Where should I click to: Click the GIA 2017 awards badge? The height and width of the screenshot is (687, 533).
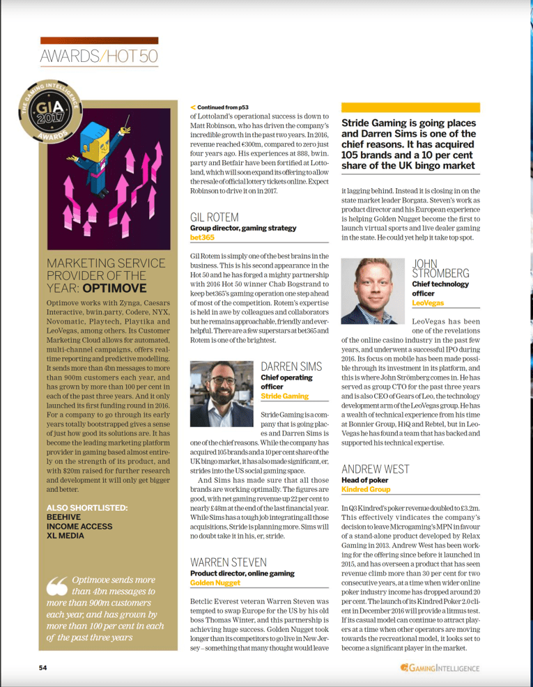[x=48, y=112]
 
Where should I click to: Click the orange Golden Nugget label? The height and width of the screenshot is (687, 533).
[x=211, y=581]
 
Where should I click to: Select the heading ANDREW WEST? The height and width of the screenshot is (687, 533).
[x=375, y=469]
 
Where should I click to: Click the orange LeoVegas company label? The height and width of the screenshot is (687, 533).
[x=428, y=303]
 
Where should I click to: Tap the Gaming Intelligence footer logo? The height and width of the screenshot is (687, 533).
[x=440, y=667]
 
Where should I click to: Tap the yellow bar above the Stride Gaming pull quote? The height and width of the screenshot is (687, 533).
[x=410, y=107]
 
